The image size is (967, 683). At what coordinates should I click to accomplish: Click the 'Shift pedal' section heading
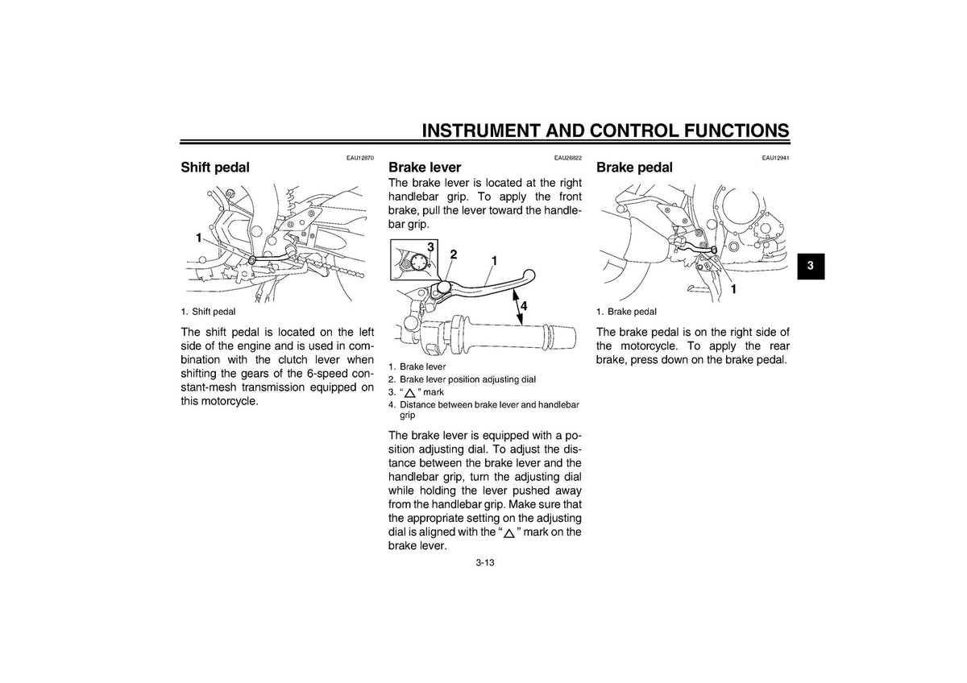[x=215, y=168]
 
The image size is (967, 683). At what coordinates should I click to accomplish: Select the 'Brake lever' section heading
[x=425, y=168]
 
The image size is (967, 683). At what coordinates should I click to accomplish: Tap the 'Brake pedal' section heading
[x=634, y=168]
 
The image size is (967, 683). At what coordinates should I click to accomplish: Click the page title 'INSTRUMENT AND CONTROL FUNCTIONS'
[x=606, y=130]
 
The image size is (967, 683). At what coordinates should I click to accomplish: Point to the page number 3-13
[x=485, y=563]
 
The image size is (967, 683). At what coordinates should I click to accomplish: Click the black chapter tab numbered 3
[x=811, y=266]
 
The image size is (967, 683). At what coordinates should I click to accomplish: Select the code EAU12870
[x=360, y=158]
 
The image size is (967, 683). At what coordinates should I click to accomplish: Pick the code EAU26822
[x=567, y=158]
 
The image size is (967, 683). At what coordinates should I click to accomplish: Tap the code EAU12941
[x=776, y=158]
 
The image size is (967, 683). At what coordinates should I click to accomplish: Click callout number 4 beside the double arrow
[x=524, y=306]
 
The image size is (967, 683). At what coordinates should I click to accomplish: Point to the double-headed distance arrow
[x=517, y=308]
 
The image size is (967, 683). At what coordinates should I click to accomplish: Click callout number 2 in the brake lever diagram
[x=453, y=255]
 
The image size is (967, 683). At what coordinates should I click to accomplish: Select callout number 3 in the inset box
[x=430, y=247]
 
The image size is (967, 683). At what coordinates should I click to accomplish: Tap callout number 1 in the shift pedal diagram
[x=198, y=238]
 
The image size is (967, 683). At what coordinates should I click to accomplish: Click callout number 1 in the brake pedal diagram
[x=733, y=289]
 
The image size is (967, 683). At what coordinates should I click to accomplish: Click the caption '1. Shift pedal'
[x=208, y=312]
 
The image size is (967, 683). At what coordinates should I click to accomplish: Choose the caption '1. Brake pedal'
[x=626, y=312]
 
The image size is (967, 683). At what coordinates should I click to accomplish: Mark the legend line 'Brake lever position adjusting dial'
[x=467, y=379]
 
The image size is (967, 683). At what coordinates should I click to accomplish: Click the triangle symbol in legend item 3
[x=410, y=393]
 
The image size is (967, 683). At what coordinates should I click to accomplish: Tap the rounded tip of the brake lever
[x=529, y=275]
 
